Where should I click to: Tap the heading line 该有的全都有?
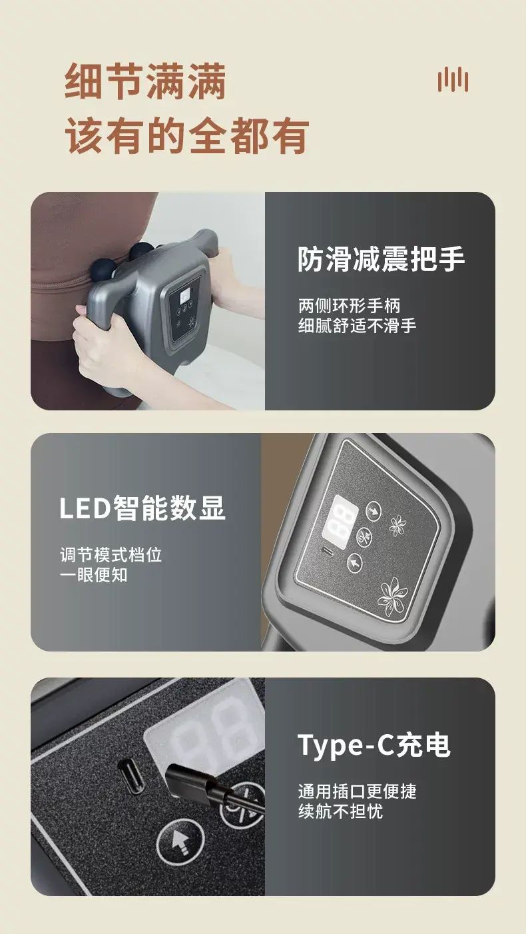[186, 135]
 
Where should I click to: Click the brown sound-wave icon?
[453, 79]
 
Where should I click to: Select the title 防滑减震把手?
[381, 259]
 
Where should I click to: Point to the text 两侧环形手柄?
[350, 306]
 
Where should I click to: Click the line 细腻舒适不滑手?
[357, 326]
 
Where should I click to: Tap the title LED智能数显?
[142, 508]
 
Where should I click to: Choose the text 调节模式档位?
[111, 554]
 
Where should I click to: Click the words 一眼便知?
[94, 575]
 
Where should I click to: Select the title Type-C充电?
[374, 745]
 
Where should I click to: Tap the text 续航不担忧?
[340, 811]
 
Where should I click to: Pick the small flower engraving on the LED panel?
[397, 526]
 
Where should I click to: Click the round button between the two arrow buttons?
[364, 536]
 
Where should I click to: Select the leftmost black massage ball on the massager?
[101, 270]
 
